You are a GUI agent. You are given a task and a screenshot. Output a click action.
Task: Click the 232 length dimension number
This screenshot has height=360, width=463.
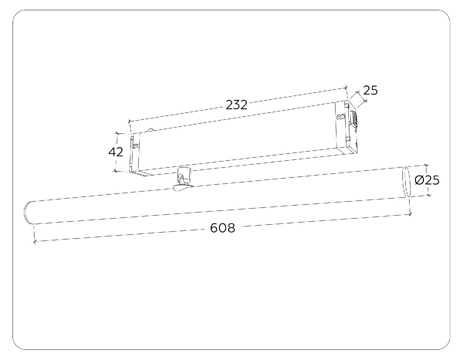click(237, 105)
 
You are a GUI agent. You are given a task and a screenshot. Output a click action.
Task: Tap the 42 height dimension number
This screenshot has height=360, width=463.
click(116, 152)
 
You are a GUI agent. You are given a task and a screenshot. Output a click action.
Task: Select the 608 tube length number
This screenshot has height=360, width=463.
click(223, 228)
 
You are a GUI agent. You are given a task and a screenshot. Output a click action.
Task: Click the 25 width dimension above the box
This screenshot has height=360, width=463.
click(370, 90)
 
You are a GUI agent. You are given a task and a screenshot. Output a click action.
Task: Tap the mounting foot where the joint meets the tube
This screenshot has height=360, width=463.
click(183, 188)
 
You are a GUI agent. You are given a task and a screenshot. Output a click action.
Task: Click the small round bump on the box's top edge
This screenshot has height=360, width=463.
click(150, 130)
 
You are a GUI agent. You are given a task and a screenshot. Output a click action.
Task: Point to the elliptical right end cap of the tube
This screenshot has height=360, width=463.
click(406, 182)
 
